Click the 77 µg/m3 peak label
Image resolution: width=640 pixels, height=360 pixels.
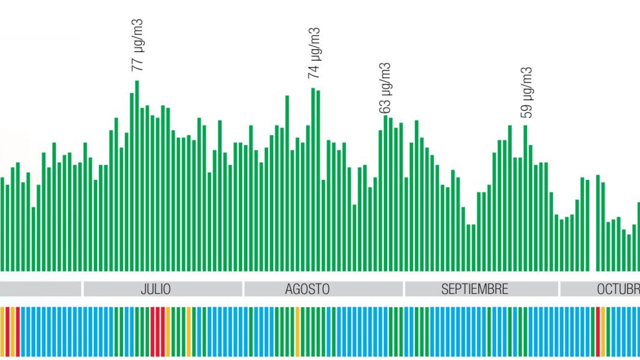(137, 45)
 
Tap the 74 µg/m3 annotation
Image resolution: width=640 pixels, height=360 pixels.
(314, 53)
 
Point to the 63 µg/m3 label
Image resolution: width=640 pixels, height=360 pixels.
(385, 88)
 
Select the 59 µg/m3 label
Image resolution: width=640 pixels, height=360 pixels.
(526, 92)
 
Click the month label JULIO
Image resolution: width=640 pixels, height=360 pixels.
(156, 289)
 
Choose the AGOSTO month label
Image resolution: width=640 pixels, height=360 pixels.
(307, 289)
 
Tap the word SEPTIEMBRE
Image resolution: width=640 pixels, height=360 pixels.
(474, 289)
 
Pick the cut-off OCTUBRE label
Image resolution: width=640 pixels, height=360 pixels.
(618, 289)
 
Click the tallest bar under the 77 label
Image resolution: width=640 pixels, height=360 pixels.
(137, 176)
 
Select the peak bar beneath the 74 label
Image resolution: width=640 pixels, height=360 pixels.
(313, 180)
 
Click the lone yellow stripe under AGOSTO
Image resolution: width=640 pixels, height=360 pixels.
(298, 332)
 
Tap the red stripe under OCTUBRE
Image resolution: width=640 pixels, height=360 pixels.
(598, 332)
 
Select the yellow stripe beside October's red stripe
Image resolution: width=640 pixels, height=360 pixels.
(603, 332)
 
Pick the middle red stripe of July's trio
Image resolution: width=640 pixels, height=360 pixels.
(158, 332)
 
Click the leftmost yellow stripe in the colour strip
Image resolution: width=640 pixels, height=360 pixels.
(2, 332)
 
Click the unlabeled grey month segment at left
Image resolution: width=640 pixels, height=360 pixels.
(40, 289)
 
